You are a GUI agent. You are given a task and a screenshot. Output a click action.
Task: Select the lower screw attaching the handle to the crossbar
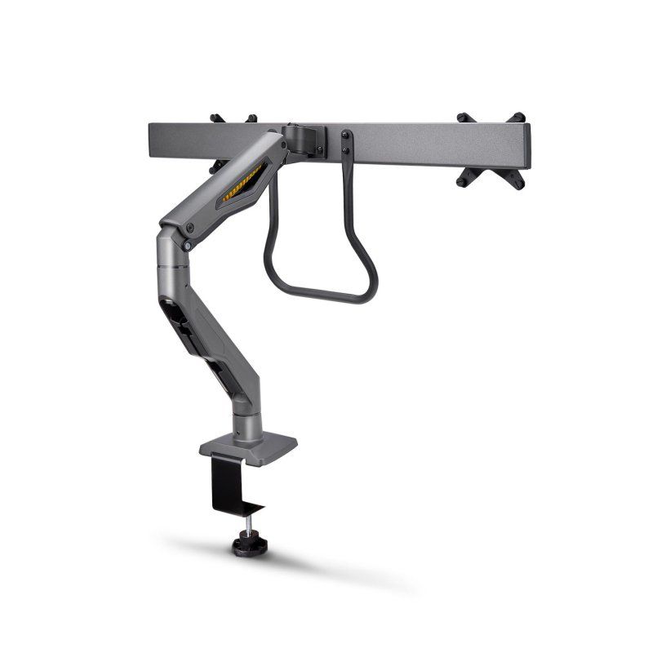pos(345,150)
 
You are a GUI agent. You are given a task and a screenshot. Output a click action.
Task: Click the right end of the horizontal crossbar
pos(528,143)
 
